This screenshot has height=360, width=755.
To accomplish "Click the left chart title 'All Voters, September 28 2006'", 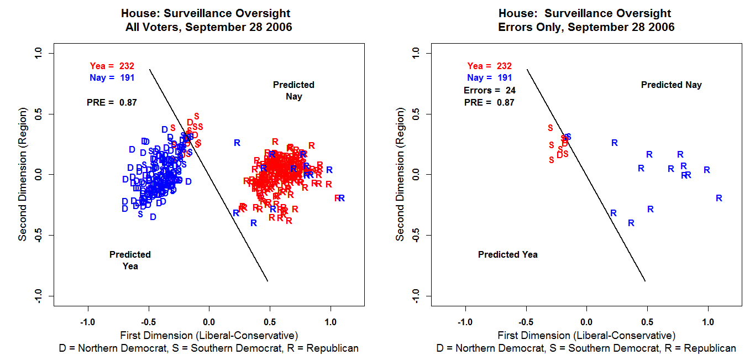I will pyautogui.click(x=208, y=27).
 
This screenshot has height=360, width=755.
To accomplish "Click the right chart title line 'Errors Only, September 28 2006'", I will pyautogui.click(x=586, y=27).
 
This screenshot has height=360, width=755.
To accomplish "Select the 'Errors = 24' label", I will pyautogui.click(x=489, y=90).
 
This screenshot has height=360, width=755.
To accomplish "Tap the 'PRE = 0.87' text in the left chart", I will pyautogui.click(x=112, y=102).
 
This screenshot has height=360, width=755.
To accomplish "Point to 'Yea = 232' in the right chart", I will pyautogui.click(x=489, y=66).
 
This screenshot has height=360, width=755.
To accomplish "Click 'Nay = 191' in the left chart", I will pyautogui.click(x=112, y=78).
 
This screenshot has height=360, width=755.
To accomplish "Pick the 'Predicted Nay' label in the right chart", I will pyautogui.click(x=671, y=85).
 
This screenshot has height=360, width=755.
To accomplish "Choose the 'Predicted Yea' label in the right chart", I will pyautogui.click(x=507, y=254).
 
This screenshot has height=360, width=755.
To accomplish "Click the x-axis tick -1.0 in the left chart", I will pyautogui.click(x=87, y=322).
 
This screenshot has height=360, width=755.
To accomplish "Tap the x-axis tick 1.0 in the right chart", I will pyautogui.click(x=708, y=322).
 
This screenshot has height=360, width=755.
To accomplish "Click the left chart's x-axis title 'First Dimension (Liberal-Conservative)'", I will pyautogui.click(x=208, y=335).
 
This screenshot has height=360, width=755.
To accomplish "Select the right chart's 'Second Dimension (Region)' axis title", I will pyautogui.click(x=400, y=175).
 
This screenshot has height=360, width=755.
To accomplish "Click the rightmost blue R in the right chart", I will pyautogui.click(x=719, y=198).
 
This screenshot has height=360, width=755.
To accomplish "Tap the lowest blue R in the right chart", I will pyautogui.click(x=631, y=223).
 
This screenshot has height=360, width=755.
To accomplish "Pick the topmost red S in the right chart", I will pyautogui.click(x=550, y=128).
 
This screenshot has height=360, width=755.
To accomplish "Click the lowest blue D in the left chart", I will pyautogui.click(x=153, y=217).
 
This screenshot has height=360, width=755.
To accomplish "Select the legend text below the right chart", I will pyautogui.click(x=586, y=348).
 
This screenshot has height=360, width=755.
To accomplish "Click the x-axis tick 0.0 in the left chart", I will pyautogui.click(x=208, y=322).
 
